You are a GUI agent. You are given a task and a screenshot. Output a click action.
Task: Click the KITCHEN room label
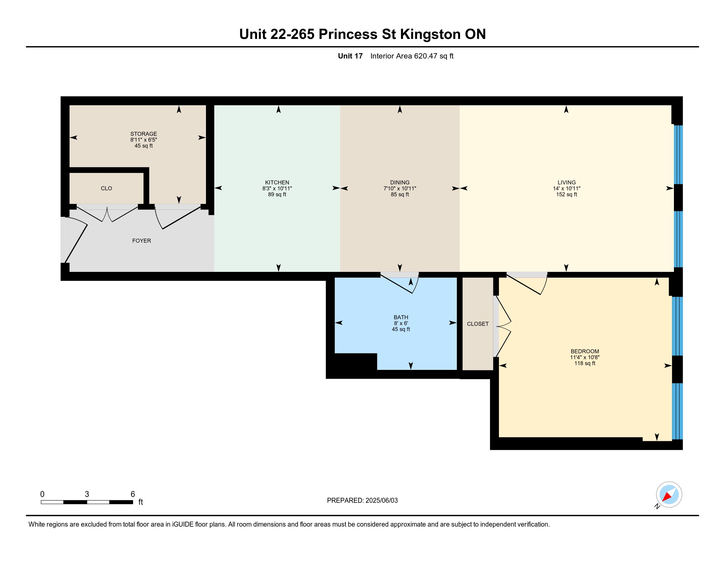[x=277, y=182]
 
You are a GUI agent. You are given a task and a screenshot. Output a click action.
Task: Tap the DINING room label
[x=400, y=182]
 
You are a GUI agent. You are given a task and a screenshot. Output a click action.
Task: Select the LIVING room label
[x=567, y=182]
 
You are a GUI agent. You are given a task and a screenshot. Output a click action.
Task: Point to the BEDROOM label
[x=585, y=351]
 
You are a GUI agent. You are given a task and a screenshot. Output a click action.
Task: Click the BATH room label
[x=401, y=317]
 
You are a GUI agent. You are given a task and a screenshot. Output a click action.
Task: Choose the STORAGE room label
[x=143, y=134]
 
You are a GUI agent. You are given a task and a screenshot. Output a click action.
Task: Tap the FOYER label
[x=141, y=241]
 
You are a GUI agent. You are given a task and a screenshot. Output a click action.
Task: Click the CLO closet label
[x=106, y=188]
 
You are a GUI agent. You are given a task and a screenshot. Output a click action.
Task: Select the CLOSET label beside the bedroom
[x=478, y=324]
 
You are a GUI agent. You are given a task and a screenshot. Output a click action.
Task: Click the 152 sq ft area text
[x=567, y=194]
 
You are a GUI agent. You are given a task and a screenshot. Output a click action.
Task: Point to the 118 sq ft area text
[x=585, y=363]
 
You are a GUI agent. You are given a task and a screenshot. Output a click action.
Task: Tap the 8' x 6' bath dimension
[x=401, y=323]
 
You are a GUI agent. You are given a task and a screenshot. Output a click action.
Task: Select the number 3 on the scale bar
[x=87, y=494]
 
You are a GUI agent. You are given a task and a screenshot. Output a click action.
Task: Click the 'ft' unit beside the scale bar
[x=141, y=502]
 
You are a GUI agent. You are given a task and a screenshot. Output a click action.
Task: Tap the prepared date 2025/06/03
[x=381, y=501]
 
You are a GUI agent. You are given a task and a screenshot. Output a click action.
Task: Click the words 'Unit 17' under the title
[x=350, y=56]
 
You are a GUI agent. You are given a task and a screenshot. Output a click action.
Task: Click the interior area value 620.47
[x=425, y=56]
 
